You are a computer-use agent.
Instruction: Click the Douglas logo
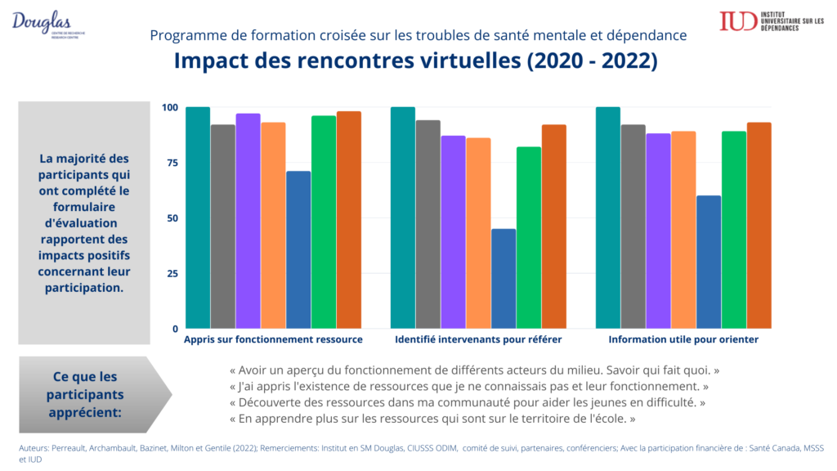pos(47,23)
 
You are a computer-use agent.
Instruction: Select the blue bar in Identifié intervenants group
pos(504,279)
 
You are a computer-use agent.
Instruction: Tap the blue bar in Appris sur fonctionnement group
pos(298,249)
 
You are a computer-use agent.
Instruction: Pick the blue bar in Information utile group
pos(709,262)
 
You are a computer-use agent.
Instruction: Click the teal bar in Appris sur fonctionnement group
pos(198,218)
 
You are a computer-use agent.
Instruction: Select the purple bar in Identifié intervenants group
pos(453,232)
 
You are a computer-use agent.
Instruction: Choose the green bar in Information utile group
pos(734,230)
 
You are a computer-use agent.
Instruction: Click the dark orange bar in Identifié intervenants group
pos(553,227)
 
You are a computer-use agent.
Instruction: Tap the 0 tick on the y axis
pos(174,329)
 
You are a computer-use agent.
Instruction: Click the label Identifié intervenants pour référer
pos(478,339)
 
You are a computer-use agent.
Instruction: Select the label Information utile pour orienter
pos(683,339)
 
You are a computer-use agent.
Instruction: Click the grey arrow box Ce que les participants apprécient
pos(90,394)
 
